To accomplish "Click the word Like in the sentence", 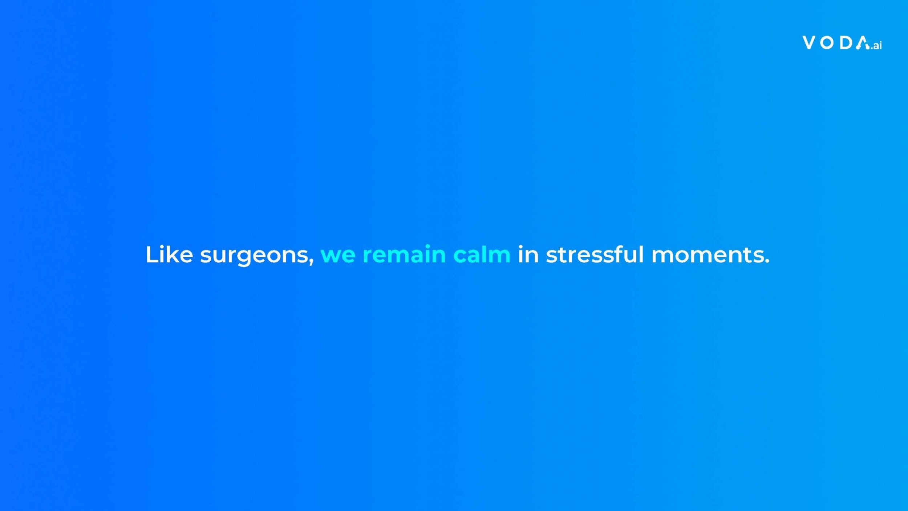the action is point(169,254).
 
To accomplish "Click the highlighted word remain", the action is point(404,254).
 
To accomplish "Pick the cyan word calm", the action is point(482,254).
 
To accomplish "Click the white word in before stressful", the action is point(528,254).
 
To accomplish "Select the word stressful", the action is point(595,254).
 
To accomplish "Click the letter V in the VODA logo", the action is point(810,43).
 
